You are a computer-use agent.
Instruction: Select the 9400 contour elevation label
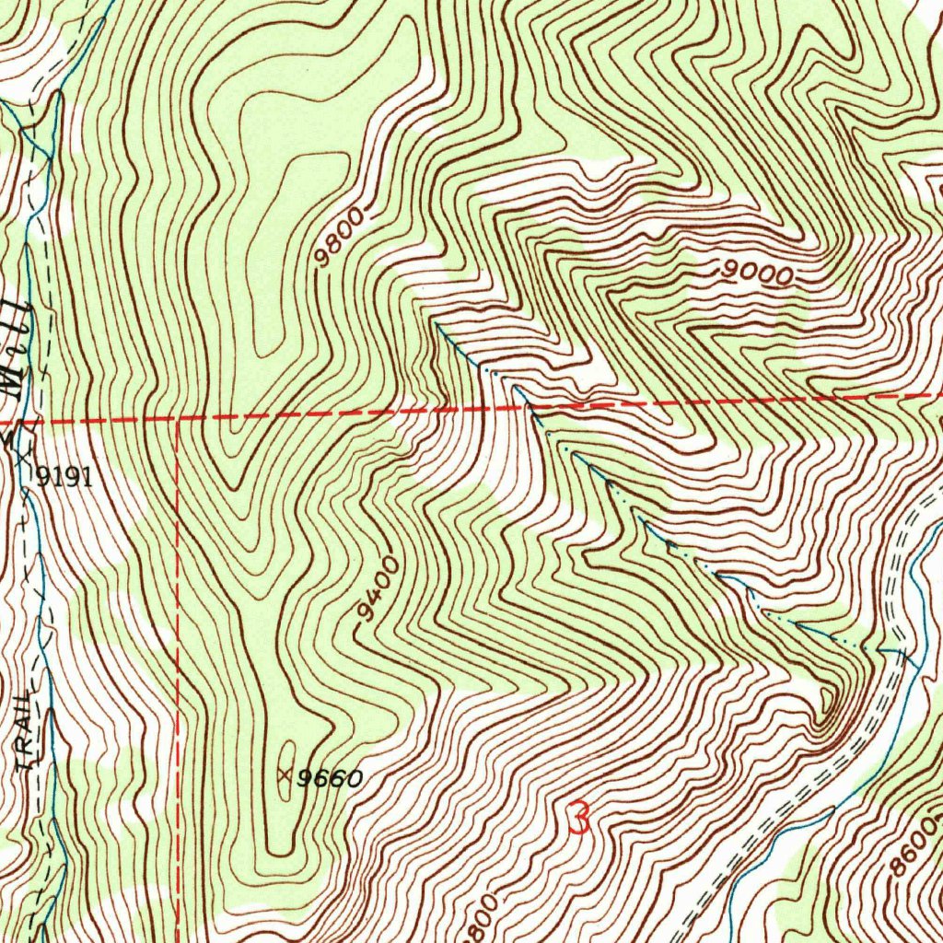coord(378,589)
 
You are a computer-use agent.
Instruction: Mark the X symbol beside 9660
coord(284,776)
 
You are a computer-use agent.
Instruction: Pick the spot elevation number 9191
coord(64,476)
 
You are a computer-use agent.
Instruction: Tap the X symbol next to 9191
coord(24,454)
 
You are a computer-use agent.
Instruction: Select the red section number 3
coord(578,817)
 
